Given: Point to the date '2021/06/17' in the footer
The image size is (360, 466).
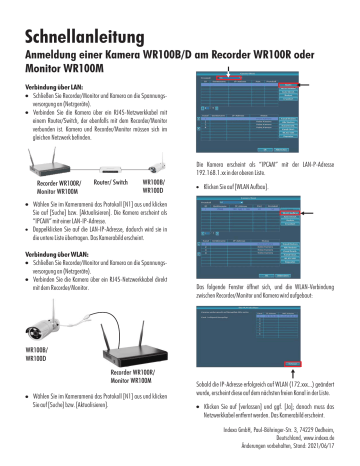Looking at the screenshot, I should tap(326, 445).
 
